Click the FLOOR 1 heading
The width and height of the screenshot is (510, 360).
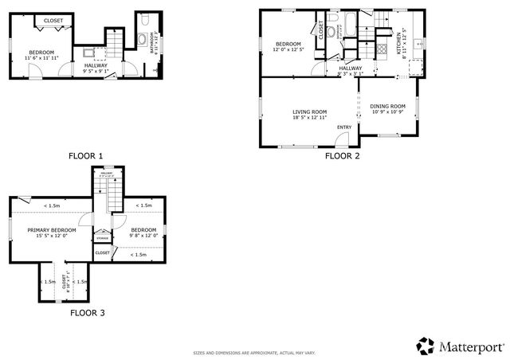85,155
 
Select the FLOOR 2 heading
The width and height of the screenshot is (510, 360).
342,155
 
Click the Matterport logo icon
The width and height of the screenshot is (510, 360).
426,346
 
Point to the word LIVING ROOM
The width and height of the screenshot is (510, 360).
307,112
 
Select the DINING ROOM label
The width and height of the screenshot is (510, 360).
388,106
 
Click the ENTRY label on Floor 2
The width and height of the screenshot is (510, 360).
344,127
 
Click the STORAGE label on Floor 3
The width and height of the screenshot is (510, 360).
103,238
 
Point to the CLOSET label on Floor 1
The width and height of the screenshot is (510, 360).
53,21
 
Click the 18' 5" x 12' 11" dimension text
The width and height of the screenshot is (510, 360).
307,118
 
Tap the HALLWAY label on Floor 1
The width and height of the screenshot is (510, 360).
97,65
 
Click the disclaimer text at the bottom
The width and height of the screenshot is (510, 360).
255,353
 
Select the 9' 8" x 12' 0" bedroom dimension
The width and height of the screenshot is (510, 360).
143,235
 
